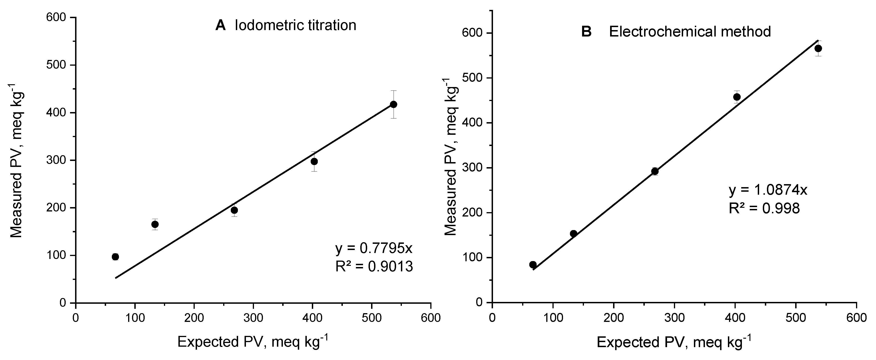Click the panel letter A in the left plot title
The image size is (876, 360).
(220, 25)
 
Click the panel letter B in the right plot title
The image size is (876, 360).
(587, 32)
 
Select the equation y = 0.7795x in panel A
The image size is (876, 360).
(374, 248)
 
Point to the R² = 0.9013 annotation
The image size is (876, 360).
(374, 267)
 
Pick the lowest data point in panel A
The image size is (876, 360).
(115, 257)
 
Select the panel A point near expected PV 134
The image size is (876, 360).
(155, 224)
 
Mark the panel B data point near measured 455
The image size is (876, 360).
(737, 97)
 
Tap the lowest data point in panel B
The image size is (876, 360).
(533, 264)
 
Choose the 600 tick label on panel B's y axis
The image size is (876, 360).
(473, 33)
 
